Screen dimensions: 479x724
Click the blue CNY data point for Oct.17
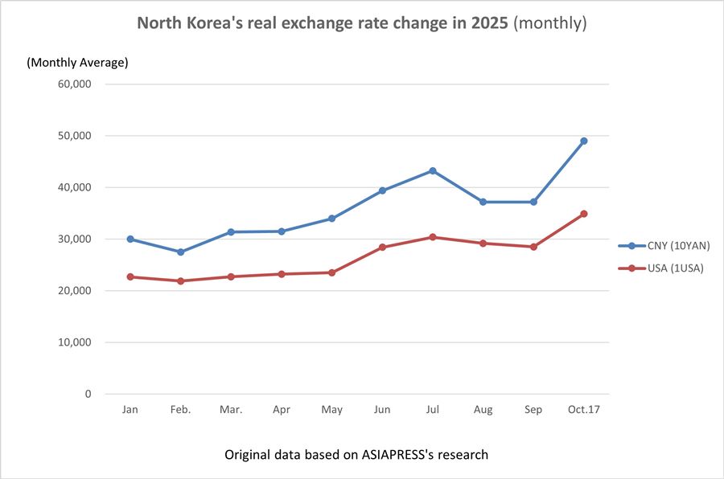(584, 141)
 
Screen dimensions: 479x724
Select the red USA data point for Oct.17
(584, 214)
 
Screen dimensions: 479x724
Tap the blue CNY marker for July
(433, 170)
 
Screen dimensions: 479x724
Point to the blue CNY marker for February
(180, 252)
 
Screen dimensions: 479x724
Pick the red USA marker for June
(382, 247)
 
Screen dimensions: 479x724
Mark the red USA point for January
(130, 276)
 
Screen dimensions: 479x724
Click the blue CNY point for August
(483, 202)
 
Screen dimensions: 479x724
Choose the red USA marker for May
(331, 272)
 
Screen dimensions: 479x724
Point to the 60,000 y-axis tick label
(76, 84)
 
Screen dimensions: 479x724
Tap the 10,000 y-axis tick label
(76, 342)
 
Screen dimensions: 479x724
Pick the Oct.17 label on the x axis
(584, 410)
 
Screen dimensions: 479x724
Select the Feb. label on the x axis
(180, 410)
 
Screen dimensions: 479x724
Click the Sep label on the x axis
(533, 410)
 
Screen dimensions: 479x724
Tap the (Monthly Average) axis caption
(77, 62)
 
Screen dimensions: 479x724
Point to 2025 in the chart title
(487, 23)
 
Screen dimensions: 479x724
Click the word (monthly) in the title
(550, 23)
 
